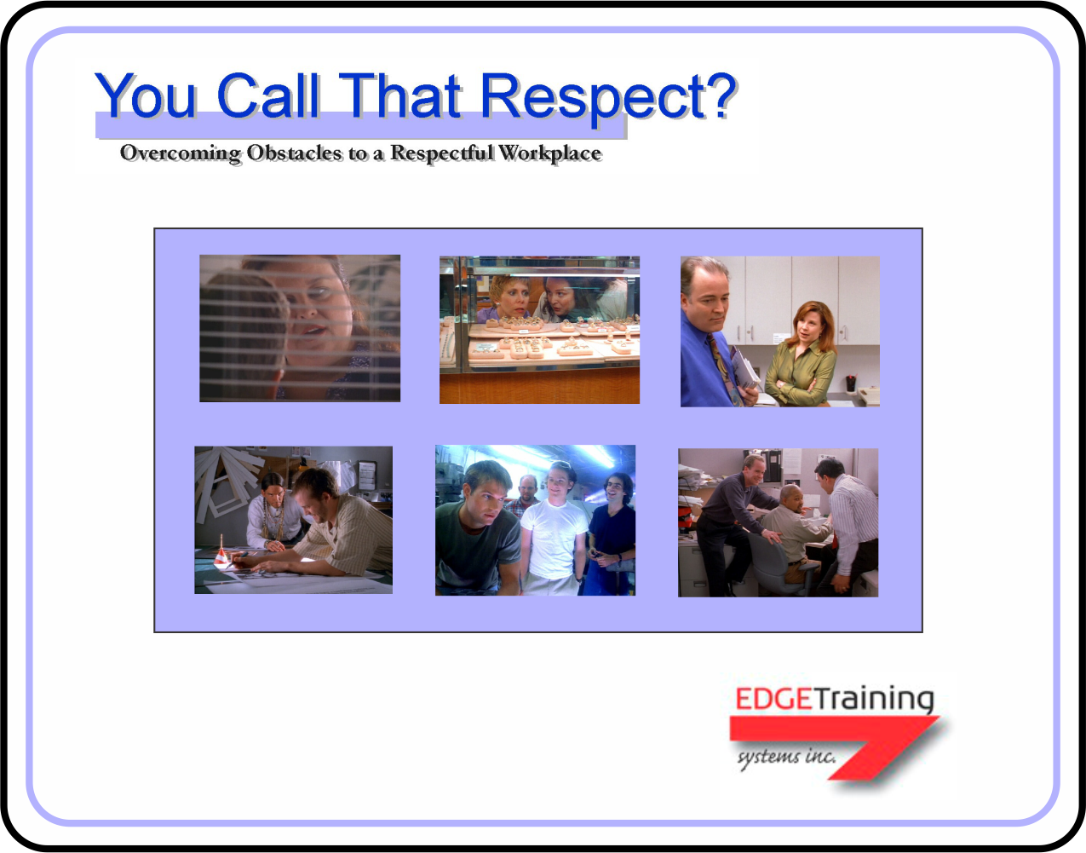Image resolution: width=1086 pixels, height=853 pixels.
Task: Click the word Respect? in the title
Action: click(x=607, y=96)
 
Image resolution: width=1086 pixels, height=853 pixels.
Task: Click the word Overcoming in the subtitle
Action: click(x=181, y=153)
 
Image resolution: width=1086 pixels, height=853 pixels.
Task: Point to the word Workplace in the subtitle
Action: click(x=550, y=153)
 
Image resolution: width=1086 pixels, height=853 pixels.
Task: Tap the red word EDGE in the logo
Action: click(x=773, y=700)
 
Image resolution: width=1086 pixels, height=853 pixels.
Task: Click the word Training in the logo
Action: click(x=874, y=700)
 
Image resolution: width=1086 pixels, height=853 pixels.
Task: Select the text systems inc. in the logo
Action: click(x=785, y=756)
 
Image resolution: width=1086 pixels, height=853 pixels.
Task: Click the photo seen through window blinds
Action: click(x=300, y=328)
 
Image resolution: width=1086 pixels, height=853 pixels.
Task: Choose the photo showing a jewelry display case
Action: click(x=539, y=330)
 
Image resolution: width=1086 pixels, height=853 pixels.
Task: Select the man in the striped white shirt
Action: click(x=852, y=520)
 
